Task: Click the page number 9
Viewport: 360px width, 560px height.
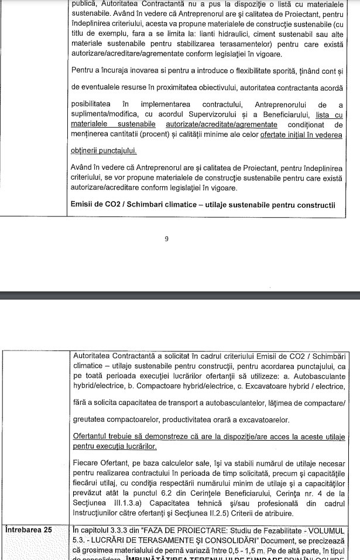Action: pos(166,239)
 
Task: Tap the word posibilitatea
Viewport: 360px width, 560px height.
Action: pos(97,105)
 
